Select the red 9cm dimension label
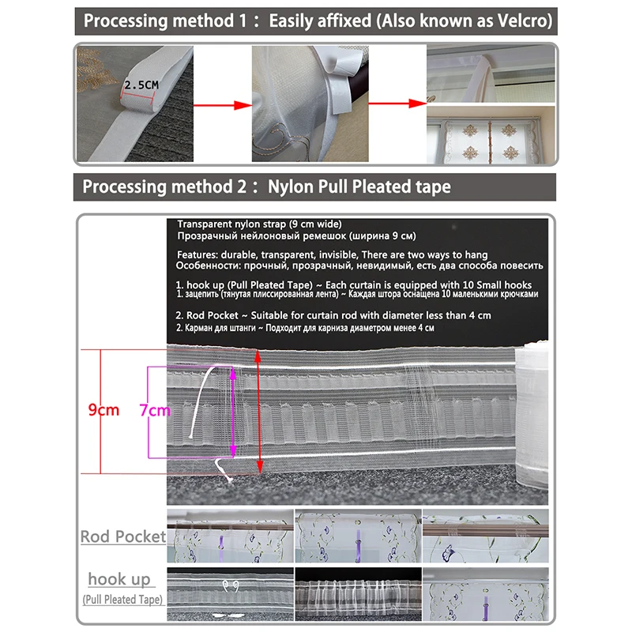click(x=103, y=410)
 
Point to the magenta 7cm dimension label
click(x=154, y=410)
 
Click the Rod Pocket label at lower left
click(x=123, y=537)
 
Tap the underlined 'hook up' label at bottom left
click(x=119, y=579)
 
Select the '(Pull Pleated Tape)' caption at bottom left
click(x=122, y=600)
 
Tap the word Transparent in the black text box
click(x=209, y=224)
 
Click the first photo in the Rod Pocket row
click(x=228, y=537)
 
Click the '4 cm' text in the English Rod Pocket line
click(x=480, y=315)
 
